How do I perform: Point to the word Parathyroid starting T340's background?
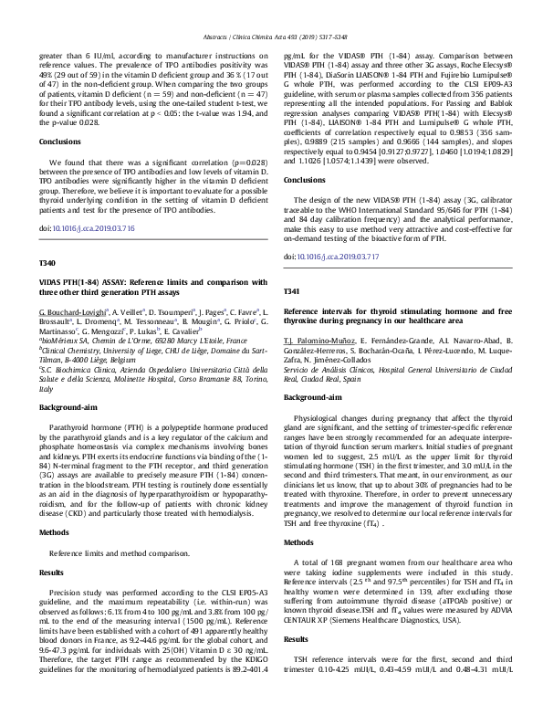pos(70,427)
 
